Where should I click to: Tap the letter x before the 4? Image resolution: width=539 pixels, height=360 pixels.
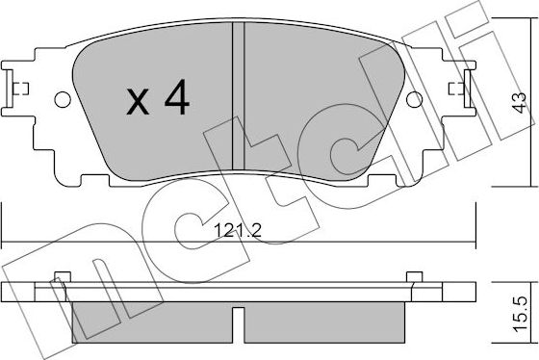click(139, 102)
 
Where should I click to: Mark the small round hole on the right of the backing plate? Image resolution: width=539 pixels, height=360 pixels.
click(415, 99)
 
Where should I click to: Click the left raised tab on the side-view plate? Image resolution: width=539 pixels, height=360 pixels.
click(63, 278)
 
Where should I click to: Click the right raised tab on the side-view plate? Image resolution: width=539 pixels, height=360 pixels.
click(416, 278)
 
